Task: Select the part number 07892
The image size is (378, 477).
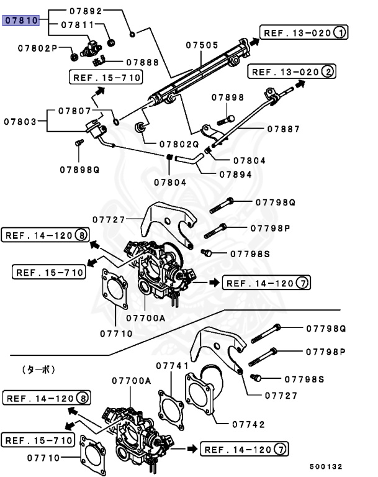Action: [x=102, y=11]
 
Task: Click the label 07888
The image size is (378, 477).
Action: [x=142, y=62]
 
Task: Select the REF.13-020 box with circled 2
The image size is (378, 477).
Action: [x=292, y=72]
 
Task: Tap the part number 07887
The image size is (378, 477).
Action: [x=284, y=129]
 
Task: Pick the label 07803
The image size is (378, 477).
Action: [x=21, y=122]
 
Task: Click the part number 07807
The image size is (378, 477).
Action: [x=75, y=111]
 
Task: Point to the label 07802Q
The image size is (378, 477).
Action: [x=178, y=143]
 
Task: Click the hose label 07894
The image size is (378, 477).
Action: [x=235, y=175]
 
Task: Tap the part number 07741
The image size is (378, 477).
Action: [x=172, y=366]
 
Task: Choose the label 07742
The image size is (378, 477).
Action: [x=248, y=425]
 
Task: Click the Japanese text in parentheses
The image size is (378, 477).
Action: [x=38, y=370]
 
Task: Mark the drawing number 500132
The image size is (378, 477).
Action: [x=326, y=466]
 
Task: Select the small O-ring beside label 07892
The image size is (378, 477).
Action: [x=132, y=34]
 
